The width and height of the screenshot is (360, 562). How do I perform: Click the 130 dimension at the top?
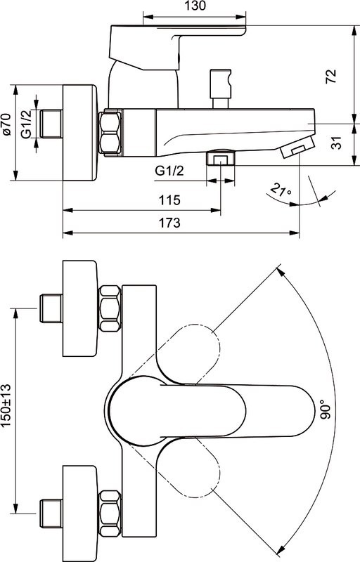(x=196, y=6)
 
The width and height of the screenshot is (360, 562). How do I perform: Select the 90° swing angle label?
(x=324, y=410)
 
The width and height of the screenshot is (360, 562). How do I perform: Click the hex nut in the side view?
(x=112, y=131)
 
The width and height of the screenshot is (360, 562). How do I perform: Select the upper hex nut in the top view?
(x=112, y=307)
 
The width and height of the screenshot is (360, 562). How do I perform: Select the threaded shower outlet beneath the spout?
(x=220, y=158)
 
